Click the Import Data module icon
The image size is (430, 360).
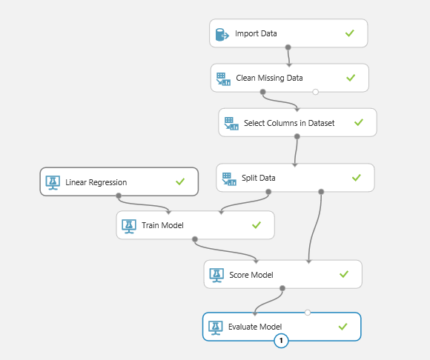point(222,35)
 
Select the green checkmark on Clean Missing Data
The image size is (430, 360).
point(351,78)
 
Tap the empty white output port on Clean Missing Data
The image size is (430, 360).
point(315,92)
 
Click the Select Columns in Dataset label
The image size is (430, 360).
point(289,123)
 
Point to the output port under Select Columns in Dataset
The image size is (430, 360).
point(297,136)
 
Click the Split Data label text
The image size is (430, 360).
point(258,178)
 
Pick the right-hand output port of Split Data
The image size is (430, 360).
point(321,192)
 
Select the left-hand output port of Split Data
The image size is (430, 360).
point(268,192)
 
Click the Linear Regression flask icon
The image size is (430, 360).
point(53,183)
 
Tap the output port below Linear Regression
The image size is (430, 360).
point(119,196)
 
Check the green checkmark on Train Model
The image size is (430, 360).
point(257,225)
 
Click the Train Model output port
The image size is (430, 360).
point(195,239)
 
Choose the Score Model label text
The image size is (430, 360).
point(251,275)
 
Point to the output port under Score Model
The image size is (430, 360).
point(282,288)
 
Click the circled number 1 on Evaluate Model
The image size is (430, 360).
point(281,341)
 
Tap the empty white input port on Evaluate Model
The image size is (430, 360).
point(308,313)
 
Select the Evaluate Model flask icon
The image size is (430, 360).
point(216,327)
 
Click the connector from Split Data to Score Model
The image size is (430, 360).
point(315,227)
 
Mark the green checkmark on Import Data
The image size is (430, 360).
point(350,33)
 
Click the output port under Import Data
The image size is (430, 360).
point(288,47)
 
